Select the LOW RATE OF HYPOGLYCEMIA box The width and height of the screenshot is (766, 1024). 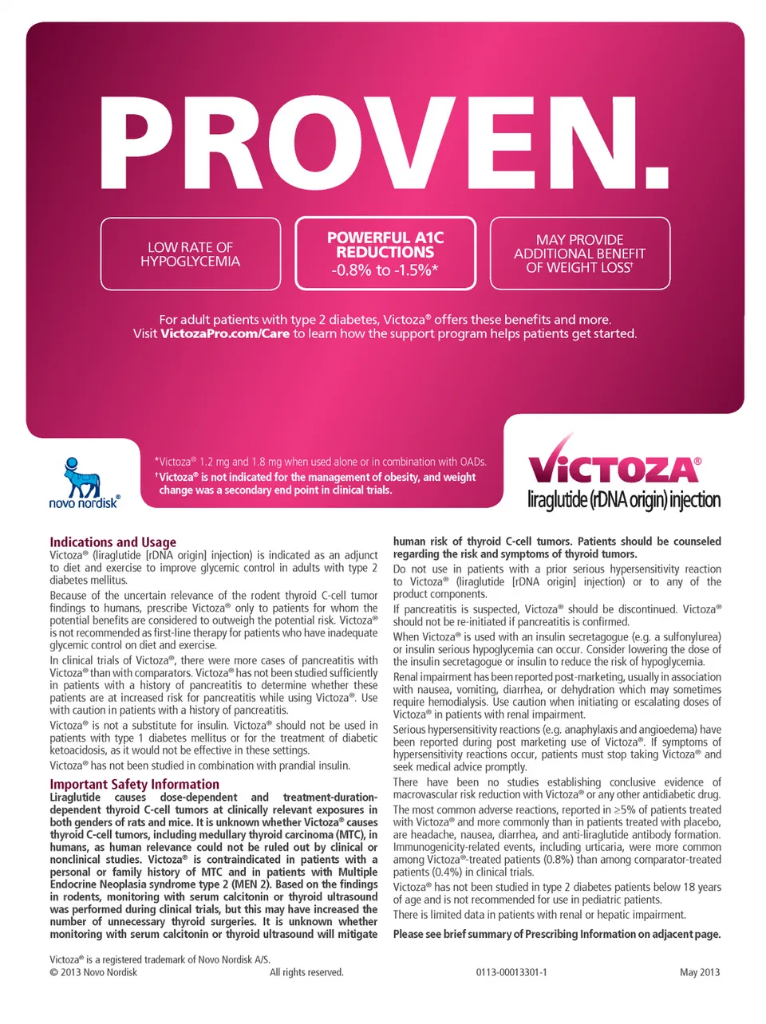190,254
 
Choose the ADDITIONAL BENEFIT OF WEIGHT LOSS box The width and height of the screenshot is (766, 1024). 579,254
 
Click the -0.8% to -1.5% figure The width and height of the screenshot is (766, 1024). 385,270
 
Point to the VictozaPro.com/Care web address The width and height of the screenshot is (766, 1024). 225,333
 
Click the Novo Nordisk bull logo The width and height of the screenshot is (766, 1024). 82,476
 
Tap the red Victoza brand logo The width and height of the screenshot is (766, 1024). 614,466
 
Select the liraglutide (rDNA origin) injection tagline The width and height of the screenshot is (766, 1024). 623,500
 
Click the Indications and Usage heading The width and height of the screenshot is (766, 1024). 113,542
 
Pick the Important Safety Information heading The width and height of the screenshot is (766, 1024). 134,784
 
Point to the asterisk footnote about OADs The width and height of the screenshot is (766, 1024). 320,462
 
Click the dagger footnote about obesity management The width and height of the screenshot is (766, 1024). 316,483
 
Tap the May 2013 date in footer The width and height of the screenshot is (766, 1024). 700,972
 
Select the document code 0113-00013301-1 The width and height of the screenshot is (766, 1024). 511,972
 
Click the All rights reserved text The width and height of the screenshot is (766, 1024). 306,972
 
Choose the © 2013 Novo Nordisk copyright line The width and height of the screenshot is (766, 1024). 93,972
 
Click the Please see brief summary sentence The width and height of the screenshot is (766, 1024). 556,934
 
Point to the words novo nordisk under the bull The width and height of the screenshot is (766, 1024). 84,503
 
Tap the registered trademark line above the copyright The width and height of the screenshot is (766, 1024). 160,959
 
